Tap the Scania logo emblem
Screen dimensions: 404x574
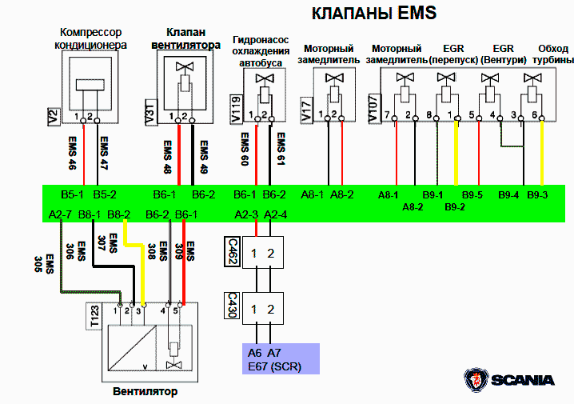pos(476,380)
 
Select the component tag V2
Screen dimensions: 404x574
pos(54,117)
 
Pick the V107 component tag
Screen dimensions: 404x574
pos(373,110)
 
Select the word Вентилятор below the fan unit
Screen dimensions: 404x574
pos(145,392)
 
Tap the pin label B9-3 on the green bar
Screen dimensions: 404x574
pos(537,194)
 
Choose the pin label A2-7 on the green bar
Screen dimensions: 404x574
pos(61,214)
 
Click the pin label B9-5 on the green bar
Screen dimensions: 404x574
pos(472,194)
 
